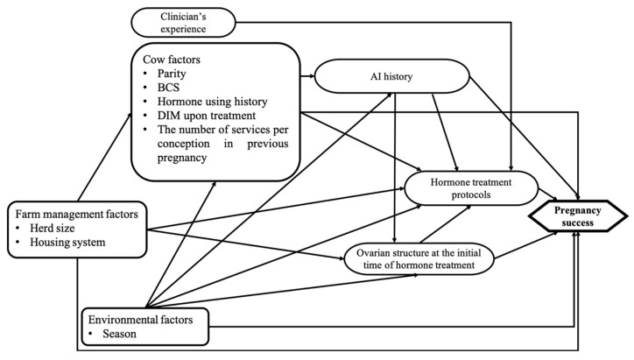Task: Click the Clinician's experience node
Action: [x=183, y=23]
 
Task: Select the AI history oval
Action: [x=391, y=76]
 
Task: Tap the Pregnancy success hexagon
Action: [x=578, y=216]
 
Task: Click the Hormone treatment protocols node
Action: [x=471, y=188]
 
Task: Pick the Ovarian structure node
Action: [x=419, y=259]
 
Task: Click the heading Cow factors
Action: [x=172, y=60]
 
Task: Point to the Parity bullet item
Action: [x=172, y=74]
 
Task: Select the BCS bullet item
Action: [x=168, y=88]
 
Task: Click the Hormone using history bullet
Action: [x=212, y=102]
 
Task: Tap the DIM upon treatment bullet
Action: [x=206, y=116]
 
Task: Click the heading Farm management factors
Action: [x=76, y=214]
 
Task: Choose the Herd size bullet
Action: [x=53, y=228]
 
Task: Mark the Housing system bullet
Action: [x=67, y=242]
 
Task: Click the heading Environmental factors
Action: [x=140, y=320]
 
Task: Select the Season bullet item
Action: [x=119, y=334]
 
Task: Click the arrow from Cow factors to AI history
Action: [x=307, y=76]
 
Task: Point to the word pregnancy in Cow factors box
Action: [x=182, y=158]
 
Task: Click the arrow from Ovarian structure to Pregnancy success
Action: [x=526, y=245]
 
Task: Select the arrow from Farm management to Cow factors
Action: [x=105, y=157]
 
